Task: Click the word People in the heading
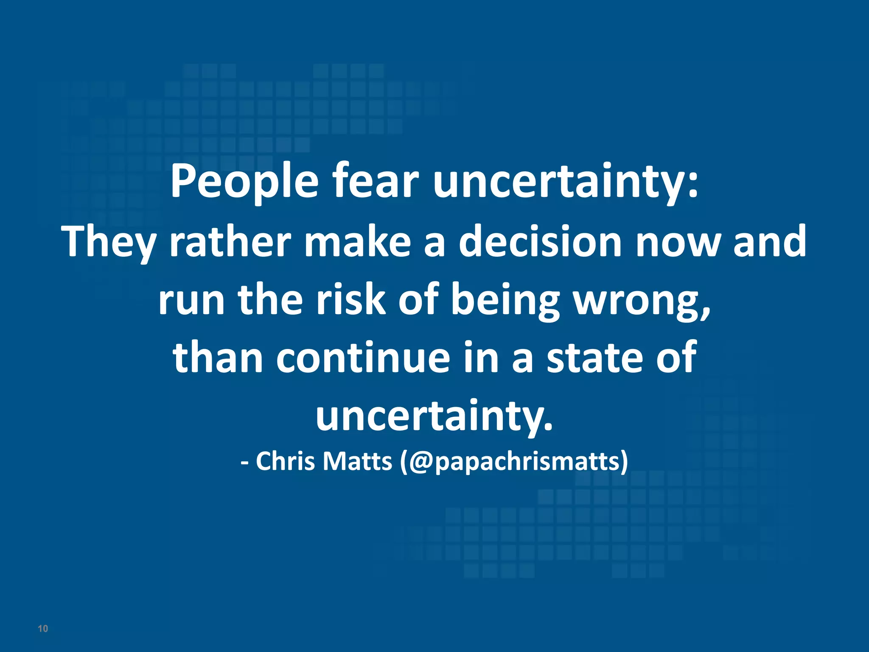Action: click(244, 182)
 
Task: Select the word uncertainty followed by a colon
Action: click(564, 182)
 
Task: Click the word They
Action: click(109, 242)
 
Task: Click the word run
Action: click(191, 301)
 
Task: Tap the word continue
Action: click(363, 357)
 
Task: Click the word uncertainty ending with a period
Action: click(434, 415)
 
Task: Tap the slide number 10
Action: click(43, 629)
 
